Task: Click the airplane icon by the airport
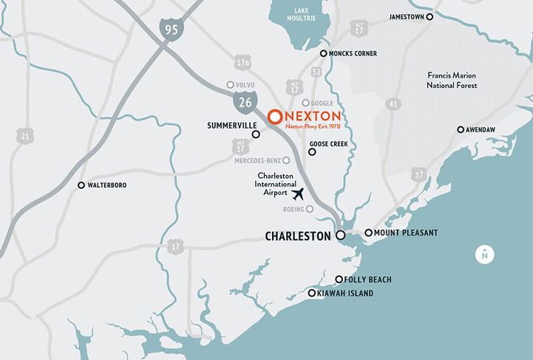(x=299, y=194)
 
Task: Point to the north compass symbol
(x=483, y=254)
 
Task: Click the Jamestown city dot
(x=430, y=16)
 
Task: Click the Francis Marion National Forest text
(x=453, y=81)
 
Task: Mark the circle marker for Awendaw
(x=461, y=129)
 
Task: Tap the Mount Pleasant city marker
(x=368, y=233)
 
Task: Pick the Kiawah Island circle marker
(x=312, y=293)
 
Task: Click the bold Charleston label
(x=299, y=237)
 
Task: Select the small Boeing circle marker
(x=310, y=209)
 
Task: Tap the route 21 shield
(x=26, y=136)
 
